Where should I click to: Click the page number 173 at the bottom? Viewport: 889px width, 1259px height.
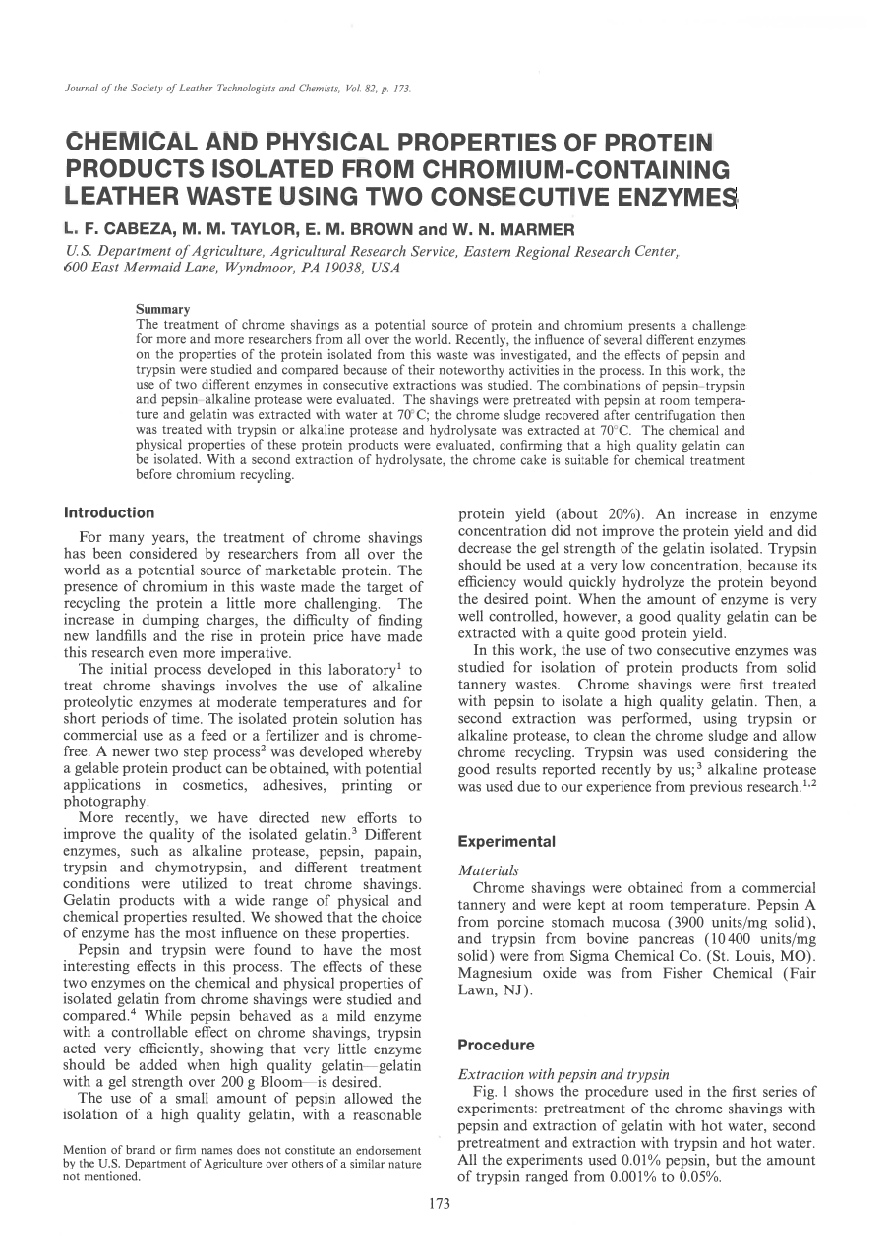(x=440, y=1203)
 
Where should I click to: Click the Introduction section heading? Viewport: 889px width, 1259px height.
(x=108, y=512)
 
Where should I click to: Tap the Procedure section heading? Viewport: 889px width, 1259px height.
(x=497, y=1045)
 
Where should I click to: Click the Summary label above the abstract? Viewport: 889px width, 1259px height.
(x=162, y=310)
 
